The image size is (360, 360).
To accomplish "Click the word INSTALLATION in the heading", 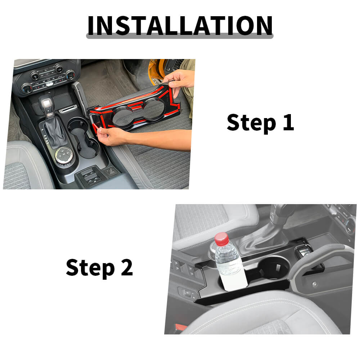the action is (x=180, y=26).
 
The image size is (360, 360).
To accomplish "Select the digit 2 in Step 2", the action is (x=127, y=267).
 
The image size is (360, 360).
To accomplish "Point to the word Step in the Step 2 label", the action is (x=90, y=269).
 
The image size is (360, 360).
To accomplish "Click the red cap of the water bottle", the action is (x=222, y=239).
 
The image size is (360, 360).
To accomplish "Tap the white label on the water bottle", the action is (x=233, y=280).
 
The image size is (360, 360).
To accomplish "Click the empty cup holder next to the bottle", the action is (x=274, y=268).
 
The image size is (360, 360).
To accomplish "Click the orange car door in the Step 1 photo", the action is (x=157, y=70).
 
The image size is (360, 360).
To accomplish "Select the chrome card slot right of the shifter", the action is (x=68, y=109).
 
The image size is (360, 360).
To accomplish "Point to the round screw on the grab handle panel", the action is (x=315, y=284).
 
